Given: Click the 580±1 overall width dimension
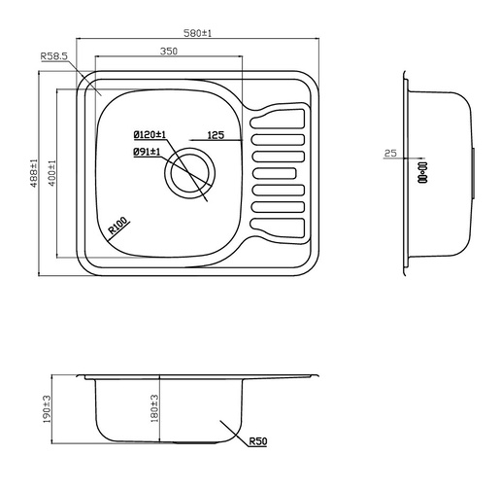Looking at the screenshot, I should [199, 33].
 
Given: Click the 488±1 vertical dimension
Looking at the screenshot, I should [35, 176].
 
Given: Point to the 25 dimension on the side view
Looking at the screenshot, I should [390, 153].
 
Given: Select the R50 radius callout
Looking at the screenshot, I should [257, 442].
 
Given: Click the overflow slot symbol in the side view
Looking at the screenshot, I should [423, 173].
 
